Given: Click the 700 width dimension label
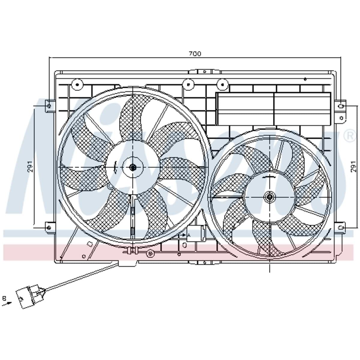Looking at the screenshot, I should coord(195,54).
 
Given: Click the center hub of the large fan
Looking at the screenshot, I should coord(132,167).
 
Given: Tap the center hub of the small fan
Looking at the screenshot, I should coord(269,197).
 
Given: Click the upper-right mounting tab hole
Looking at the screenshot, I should coord(341,106).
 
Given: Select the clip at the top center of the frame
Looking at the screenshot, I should coord(204,72).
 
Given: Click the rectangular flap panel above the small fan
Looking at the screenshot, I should coord(273,108).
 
